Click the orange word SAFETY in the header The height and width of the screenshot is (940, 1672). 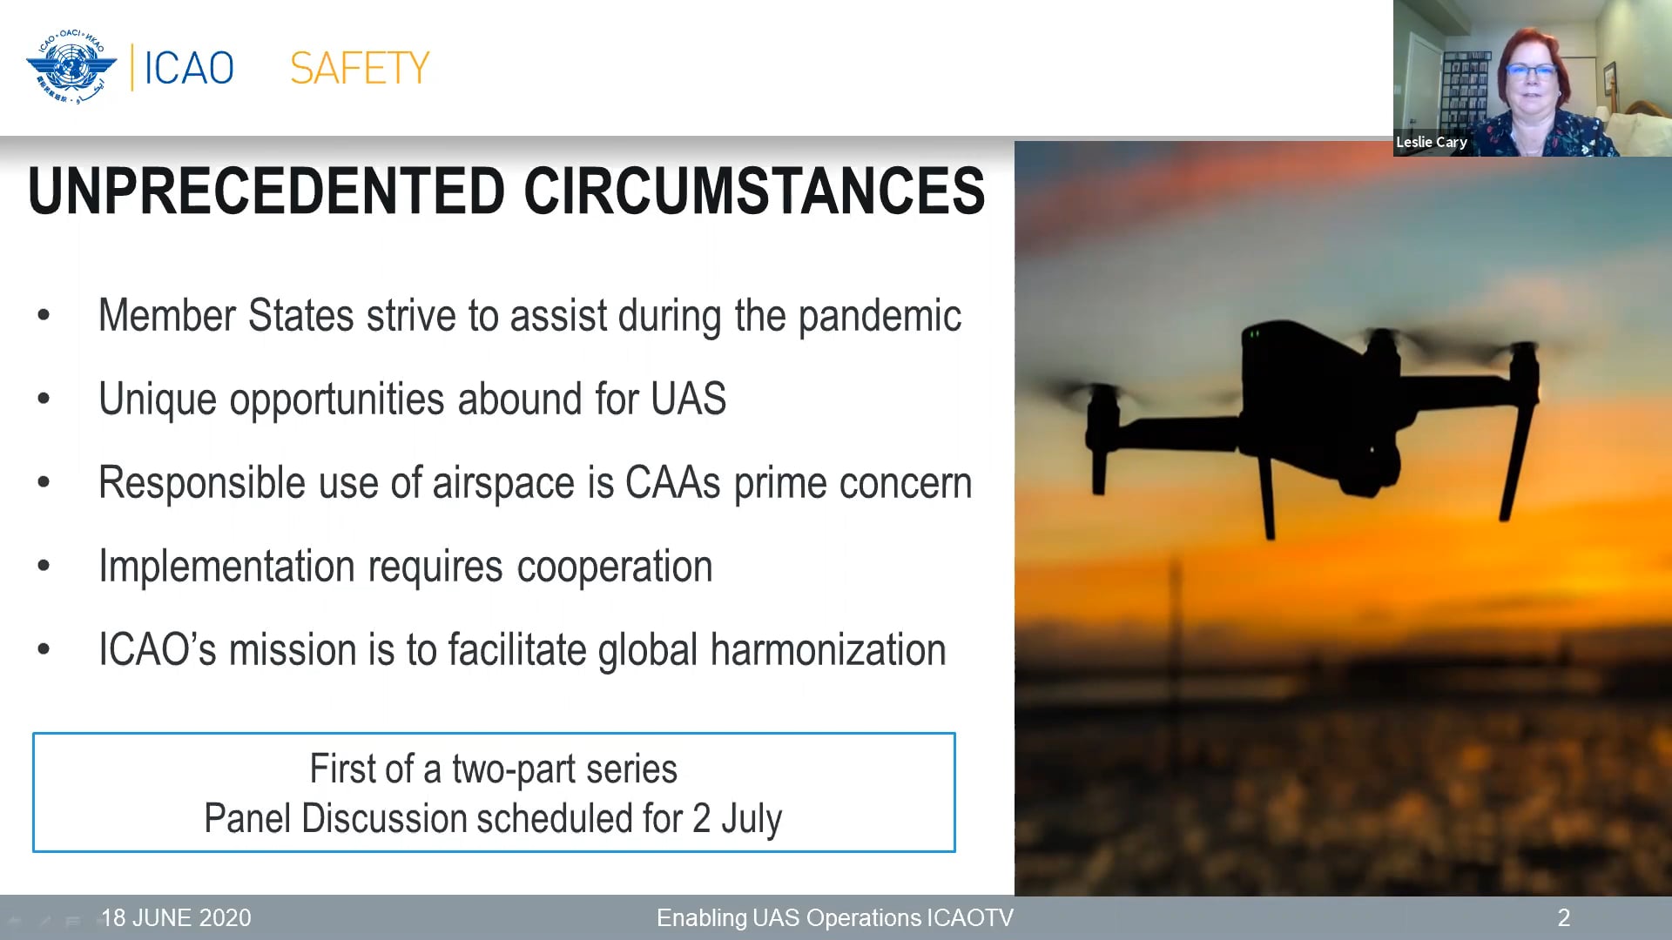point(360,68)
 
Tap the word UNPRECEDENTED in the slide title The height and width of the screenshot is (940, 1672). point(266,191)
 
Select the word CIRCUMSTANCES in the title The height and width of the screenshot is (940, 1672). point(754,191)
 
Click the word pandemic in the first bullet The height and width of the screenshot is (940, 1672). point(880,316)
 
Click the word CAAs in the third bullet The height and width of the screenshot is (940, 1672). point(672,483)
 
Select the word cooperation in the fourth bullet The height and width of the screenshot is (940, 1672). point(615,567)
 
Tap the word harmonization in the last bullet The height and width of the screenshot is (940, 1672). point(827,650)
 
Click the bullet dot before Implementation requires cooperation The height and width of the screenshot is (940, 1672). point(44,567)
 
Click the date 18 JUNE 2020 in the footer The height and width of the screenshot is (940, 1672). point(176,917)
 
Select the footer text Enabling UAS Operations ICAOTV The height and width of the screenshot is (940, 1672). point(834,917)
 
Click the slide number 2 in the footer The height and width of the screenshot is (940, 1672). point(1563,917)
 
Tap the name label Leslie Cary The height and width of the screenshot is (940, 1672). point(1432,142)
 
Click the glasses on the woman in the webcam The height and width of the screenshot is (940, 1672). point(1531,71)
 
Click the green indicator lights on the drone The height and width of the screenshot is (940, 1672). point(1254,333)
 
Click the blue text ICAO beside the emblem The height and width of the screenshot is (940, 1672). point(189,68)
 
